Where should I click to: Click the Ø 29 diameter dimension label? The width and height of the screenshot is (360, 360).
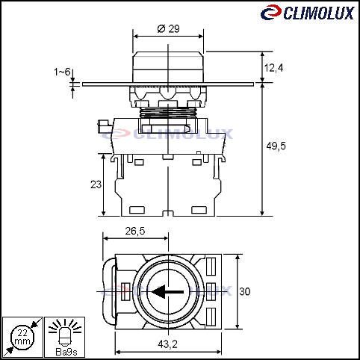pyautogui.click(x=169, y=28)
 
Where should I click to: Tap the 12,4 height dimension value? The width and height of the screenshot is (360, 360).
pyautogui.click(x=273, y=68)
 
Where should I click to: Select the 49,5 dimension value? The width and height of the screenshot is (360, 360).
pyautogui.click(x=276, y=146)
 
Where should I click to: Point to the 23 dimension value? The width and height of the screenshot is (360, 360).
pyautogui.click(x=96, y=184)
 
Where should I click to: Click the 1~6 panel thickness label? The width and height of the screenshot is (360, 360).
pyautogui.click(x=62, y=72)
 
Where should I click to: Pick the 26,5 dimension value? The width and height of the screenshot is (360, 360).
pyautogui.click(x=135, y=231)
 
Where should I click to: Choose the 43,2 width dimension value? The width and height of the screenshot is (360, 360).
pyautogui.click(x=167, y=344)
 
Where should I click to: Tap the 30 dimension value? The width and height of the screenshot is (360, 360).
pyautogui.click(x=245, y=291)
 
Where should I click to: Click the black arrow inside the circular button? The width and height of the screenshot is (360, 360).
pyautogui.click(x=167, y=291)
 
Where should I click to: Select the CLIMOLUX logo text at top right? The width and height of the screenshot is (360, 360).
pyautogui.click(x=318, y=13)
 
